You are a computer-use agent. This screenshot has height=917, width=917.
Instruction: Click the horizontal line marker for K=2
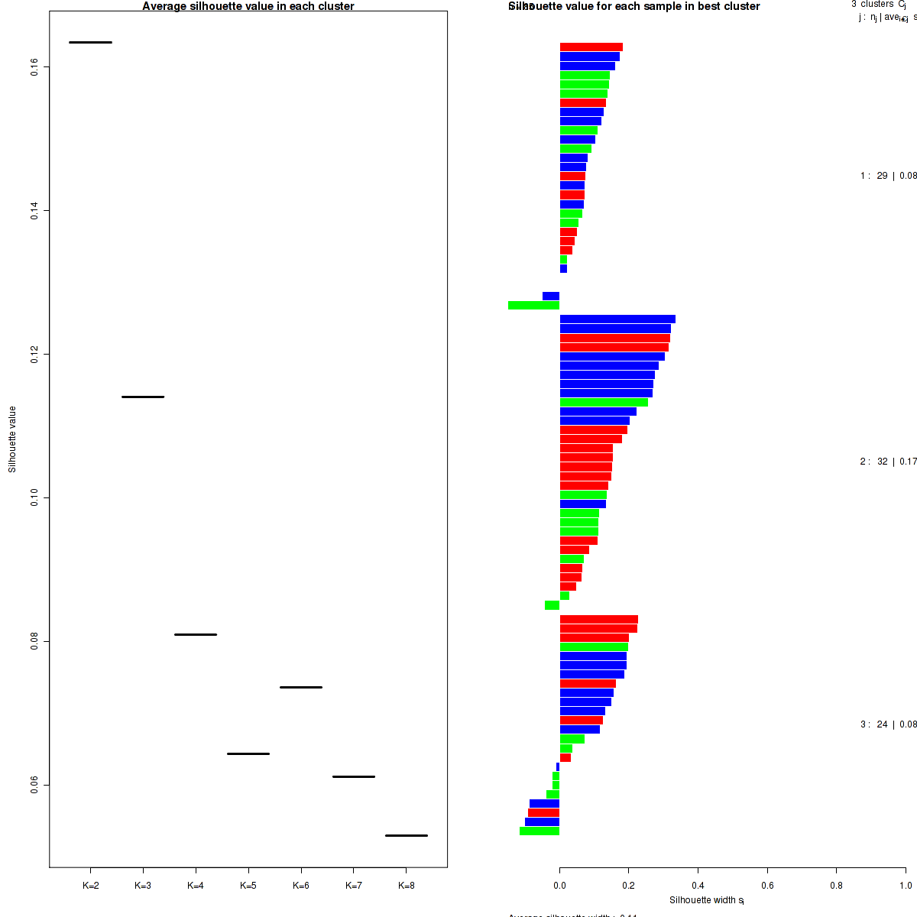click(x=90, y=42)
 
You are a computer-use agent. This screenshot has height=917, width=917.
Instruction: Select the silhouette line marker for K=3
click(x=143, y=397)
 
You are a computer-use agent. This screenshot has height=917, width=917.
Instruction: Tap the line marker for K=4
click(x=196, y=634)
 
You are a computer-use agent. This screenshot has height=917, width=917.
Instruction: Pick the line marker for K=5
click(x=248, y=753)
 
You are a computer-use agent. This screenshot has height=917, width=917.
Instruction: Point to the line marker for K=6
click(x=301, y=687)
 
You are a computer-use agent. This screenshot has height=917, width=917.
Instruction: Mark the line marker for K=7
click(x=354, y=776)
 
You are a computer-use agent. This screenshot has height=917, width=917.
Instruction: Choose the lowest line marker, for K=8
click(x=407, y=835)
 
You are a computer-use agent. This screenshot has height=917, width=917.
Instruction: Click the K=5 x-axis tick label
click(x=248, y=886)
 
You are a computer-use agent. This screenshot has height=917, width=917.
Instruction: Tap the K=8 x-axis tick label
click(x=407, y=886)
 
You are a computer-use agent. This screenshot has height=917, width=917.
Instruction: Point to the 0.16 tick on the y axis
click(x=35, y=67)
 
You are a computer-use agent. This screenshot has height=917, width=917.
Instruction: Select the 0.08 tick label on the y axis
click(x=35, y=641)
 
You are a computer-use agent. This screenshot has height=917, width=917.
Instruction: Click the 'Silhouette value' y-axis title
click(x=12, y=439)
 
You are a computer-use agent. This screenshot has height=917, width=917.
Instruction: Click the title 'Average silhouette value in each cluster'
click(x=248, y=6)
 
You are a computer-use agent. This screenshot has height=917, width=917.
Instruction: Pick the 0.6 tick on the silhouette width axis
click(x=767, y=886)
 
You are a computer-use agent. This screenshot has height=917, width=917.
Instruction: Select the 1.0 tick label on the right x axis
click(x=906, y=886)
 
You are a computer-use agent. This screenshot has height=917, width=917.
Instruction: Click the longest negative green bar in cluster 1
click(x=533, y=305)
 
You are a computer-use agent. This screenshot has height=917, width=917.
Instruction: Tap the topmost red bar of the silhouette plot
click(x=591, y=47)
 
